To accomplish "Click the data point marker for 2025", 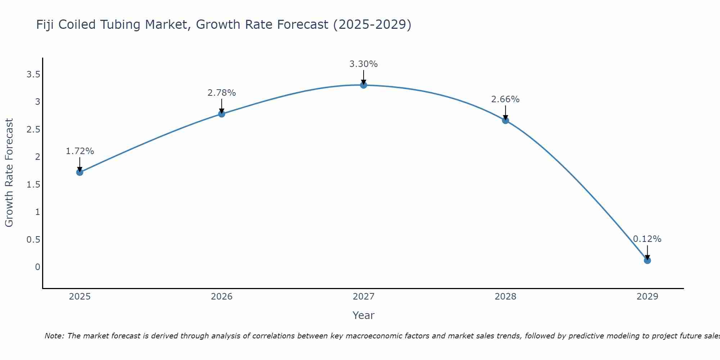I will [80, 172].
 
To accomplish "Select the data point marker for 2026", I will [222, 114].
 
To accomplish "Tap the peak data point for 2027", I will [364, 85].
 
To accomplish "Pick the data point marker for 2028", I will [505, 120].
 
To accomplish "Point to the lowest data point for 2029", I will [647, 260].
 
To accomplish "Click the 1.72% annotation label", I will [80, 151].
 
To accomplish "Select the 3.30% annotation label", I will [364, 64].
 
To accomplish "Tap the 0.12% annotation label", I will [647, 239].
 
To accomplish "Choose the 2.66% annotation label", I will [505, 99].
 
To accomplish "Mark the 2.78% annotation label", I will [222, 93].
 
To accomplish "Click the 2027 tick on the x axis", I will [364, 297].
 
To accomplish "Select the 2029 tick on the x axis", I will [647, 297].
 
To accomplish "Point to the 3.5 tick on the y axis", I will [33, 75].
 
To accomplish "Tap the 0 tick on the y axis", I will [37, 267].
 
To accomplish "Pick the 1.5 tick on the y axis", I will [33, 185].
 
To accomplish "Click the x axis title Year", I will [364, 315].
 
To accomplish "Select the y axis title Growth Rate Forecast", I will [9, 173].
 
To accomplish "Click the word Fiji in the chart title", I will [46, 24].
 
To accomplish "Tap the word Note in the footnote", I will [54, 336].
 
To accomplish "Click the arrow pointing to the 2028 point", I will [505, 112].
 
